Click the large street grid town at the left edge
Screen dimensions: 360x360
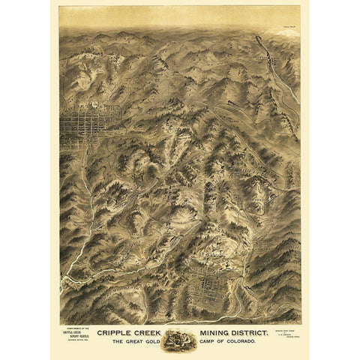click(x=82, y=123)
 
